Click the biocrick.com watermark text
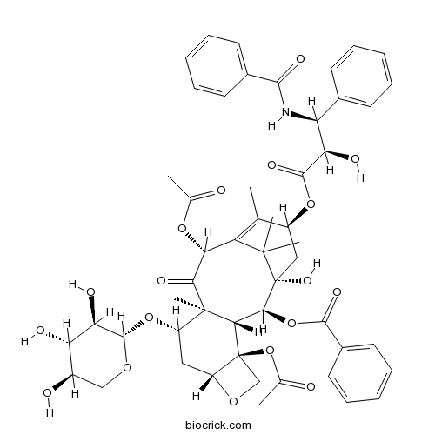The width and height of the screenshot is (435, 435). [218, 425]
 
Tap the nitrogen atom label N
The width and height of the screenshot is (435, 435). [286, 112]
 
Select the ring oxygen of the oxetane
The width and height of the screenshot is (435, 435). [233, 401]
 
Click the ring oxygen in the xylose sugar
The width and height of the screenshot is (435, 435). [127, 367]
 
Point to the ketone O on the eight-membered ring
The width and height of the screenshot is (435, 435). [161, 281]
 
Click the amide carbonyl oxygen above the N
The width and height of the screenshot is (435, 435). [300, 59]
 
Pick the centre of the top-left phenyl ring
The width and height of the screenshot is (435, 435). [217, 66]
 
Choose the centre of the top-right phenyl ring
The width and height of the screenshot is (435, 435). [362, 76]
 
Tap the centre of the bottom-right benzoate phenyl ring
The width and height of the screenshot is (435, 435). [360, 373]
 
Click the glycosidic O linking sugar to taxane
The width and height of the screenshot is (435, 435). [149, 318]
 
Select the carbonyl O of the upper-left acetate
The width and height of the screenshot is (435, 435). [221, 191]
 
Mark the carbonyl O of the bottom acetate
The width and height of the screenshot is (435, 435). [311, 387]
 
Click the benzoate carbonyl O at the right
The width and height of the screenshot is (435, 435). [337, 292]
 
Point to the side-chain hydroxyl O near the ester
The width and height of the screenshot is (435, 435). [355, 159]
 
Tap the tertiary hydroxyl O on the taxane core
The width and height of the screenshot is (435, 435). [307, 280]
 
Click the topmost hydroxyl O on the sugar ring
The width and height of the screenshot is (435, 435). [91, 291]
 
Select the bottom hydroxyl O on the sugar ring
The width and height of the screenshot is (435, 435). [47, 393]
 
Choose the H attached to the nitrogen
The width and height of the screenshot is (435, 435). [271, 126]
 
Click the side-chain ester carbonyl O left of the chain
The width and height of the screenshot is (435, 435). [271, 165]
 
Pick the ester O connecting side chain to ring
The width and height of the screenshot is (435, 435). [311, 204]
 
